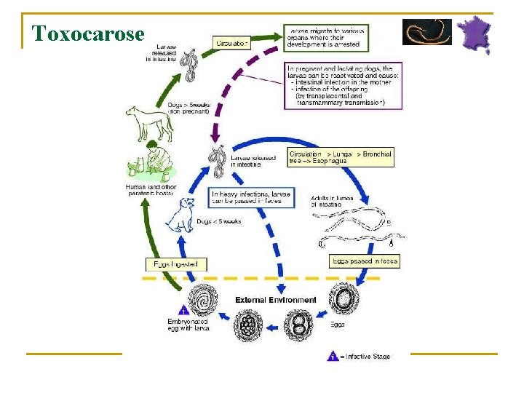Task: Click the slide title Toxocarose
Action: point(89,33)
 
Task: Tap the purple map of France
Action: point(474,33)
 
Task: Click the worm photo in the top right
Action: point(426,32)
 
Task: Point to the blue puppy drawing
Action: point(179,215)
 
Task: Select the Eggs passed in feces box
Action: point(365,261)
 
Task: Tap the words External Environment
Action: point(276,300)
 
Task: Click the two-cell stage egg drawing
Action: point(297,324)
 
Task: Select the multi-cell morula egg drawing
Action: point(247,325)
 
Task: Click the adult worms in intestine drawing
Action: point(360,229)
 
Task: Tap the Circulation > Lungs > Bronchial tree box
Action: point(340,157)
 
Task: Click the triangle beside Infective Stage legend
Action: point(332,357)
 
